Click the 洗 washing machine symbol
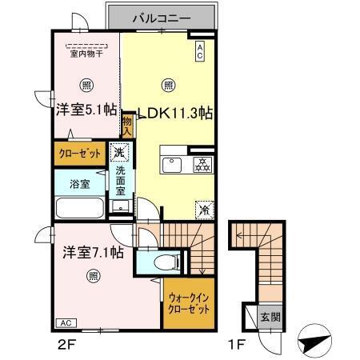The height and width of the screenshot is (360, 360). point(118,152)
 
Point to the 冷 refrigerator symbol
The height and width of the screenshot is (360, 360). point(202,209)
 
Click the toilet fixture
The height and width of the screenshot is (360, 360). point(163,262)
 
